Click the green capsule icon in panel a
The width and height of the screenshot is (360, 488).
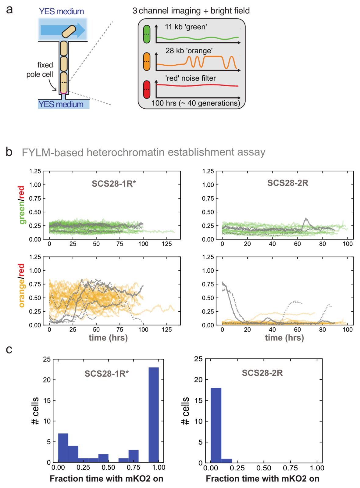(x=146, y=34)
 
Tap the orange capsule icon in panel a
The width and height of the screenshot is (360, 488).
(x=146, y=61)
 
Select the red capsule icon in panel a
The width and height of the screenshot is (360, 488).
(x=146, y=90)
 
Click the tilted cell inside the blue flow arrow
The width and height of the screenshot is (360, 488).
(x=69, y=31)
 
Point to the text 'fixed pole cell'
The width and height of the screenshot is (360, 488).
(x=40, y=70)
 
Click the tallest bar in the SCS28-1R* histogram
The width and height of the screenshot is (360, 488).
(x=154, y=415)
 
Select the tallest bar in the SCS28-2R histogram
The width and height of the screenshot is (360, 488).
(x=216, y=425)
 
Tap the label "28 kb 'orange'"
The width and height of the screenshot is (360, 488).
(x=189, y=51)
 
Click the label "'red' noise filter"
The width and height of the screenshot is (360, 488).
(x=191, y=78)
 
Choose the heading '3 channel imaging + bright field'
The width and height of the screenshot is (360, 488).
(x=191, y=11)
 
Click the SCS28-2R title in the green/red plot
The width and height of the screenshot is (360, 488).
(x=288, y=183)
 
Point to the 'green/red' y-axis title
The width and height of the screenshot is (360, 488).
(x=22, y=205)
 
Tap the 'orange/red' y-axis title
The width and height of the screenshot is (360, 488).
(x=22, y=285)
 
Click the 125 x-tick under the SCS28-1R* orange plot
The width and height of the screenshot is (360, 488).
(x=167, y=330)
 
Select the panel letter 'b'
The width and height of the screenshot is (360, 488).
(x=9, y=152)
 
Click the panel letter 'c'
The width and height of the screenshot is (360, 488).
(x=9, y=350)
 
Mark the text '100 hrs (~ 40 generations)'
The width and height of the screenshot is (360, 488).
(x=195, y=103)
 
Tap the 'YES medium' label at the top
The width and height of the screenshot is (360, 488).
(x=61, y=11)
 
